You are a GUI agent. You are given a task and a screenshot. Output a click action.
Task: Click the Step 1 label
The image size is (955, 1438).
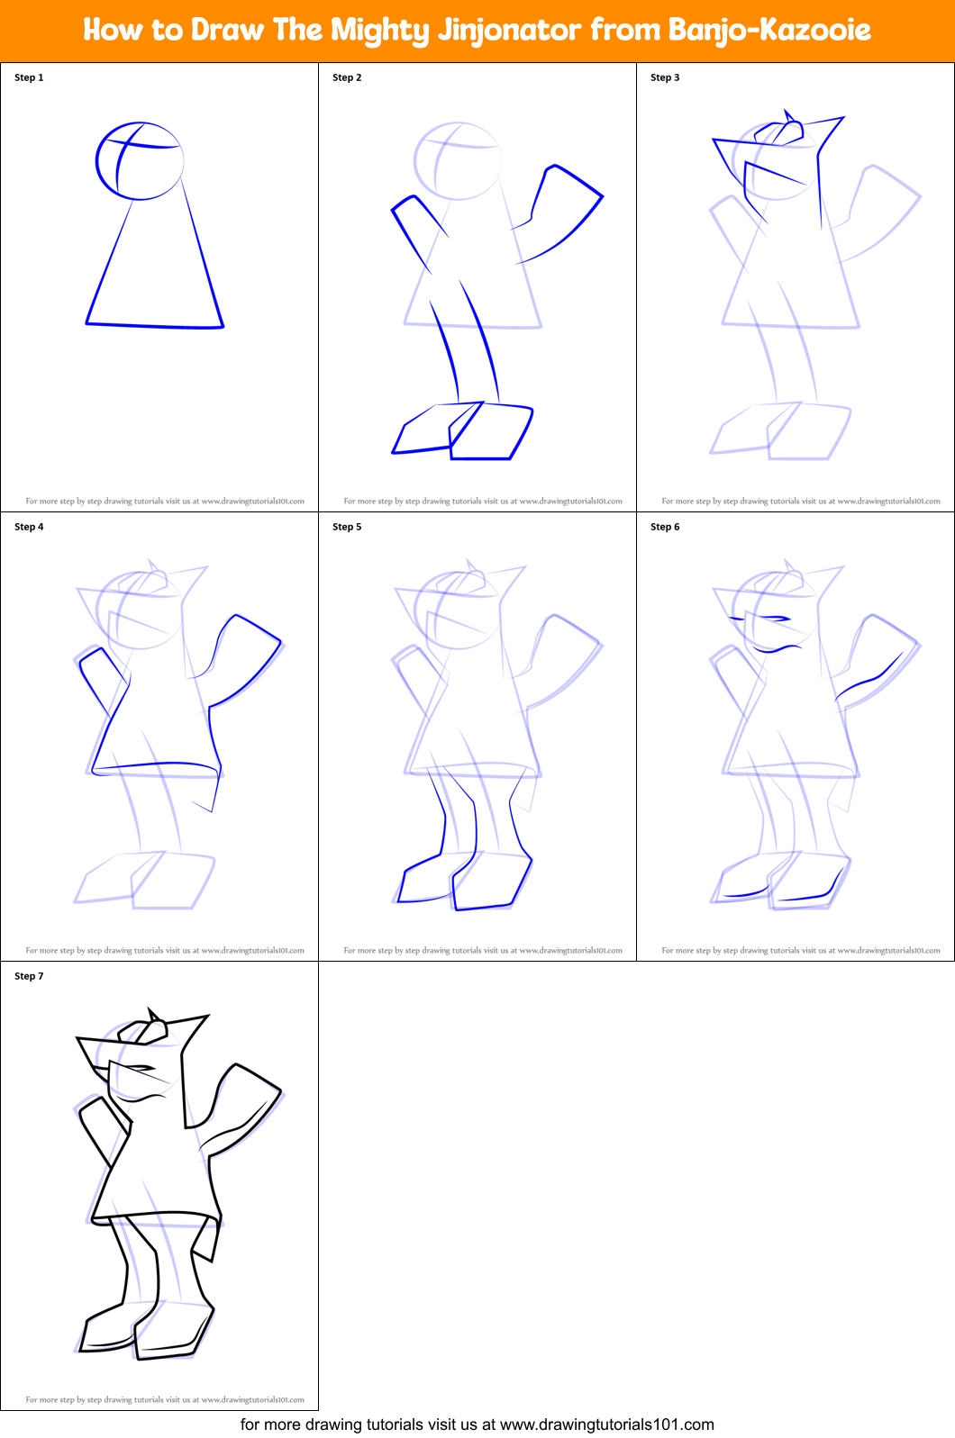tap(29, 77)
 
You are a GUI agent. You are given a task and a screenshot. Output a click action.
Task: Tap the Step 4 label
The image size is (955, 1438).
tap(29, 527)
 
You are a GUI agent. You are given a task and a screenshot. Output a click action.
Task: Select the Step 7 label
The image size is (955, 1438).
tap(29, 976)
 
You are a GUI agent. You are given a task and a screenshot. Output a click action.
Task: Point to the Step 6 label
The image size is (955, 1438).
tap(665, 527)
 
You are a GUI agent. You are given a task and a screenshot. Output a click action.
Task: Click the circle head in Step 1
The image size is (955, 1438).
tap(140, 161)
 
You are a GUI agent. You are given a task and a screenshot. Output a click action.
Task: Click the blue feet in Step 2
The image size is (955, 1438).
tap(464, 432)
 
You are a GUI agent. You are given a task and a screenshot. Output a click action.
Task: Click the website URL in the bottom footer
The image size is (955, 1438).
tap(606, 1424)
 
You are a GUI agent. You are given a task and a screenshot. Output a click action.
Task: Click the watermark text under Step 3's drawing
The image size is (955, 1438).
tap(800, 502)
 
